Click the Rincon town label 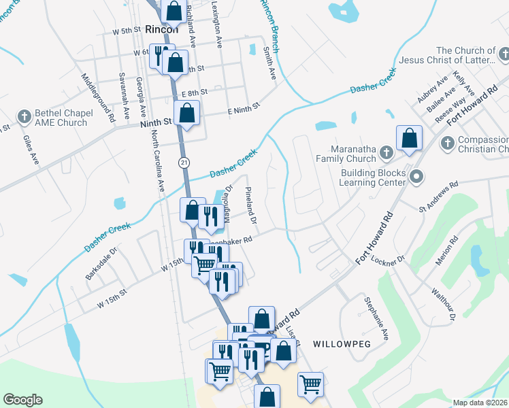pos(162,29)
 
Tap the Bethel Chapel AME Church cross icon pos(24,116)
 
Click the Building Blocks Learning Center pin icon pos(418,177)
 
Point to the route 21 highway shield pos(184,162)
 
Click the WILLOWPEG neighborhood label pos(342,344)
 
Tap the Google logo pos(22,400)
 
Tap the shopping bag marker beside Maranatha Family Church pos(409,139)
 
